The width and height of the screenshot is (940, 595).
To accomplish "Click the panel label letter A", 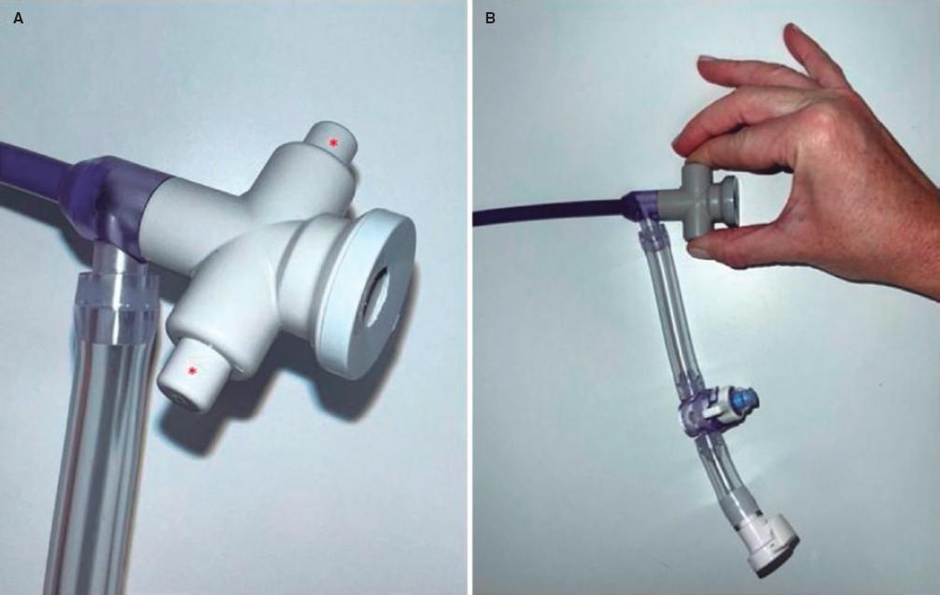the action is (x=18, y=19).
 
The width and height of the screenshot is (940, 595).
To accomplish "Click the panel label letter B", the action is (x=490, y=19).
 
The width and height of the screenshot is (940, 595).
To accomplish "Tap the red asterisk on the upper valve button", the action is (x=332, y=143).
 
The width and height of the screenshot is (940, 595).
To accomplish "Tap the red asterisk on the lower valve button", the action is (x=192, y=371).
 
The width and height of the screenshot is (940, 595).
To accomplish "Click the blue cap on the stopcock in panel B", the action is (x=745, y=399).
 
